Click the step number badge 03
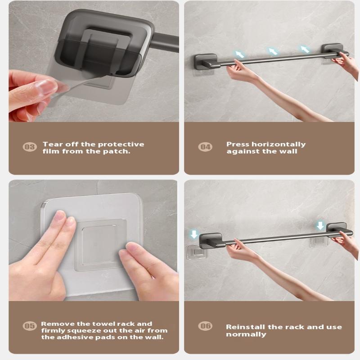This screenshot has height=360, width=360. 30,147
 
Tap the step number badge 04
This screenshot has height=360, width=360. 205,147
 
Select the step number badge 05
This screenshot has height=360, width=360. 30,326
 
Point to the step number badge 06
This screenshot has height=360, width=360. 205,326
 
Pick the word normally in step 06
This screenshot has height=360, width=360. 246,334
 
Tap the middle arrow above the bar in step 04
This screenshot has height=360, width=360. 273,51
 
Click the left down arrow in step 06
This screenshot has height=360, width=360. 194,234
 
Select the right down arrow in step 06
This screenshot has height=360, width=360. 320,226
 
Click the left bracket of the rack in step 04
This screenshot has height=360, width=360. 206,61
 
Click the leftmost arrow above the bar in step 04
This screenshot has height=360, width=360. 239,54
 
